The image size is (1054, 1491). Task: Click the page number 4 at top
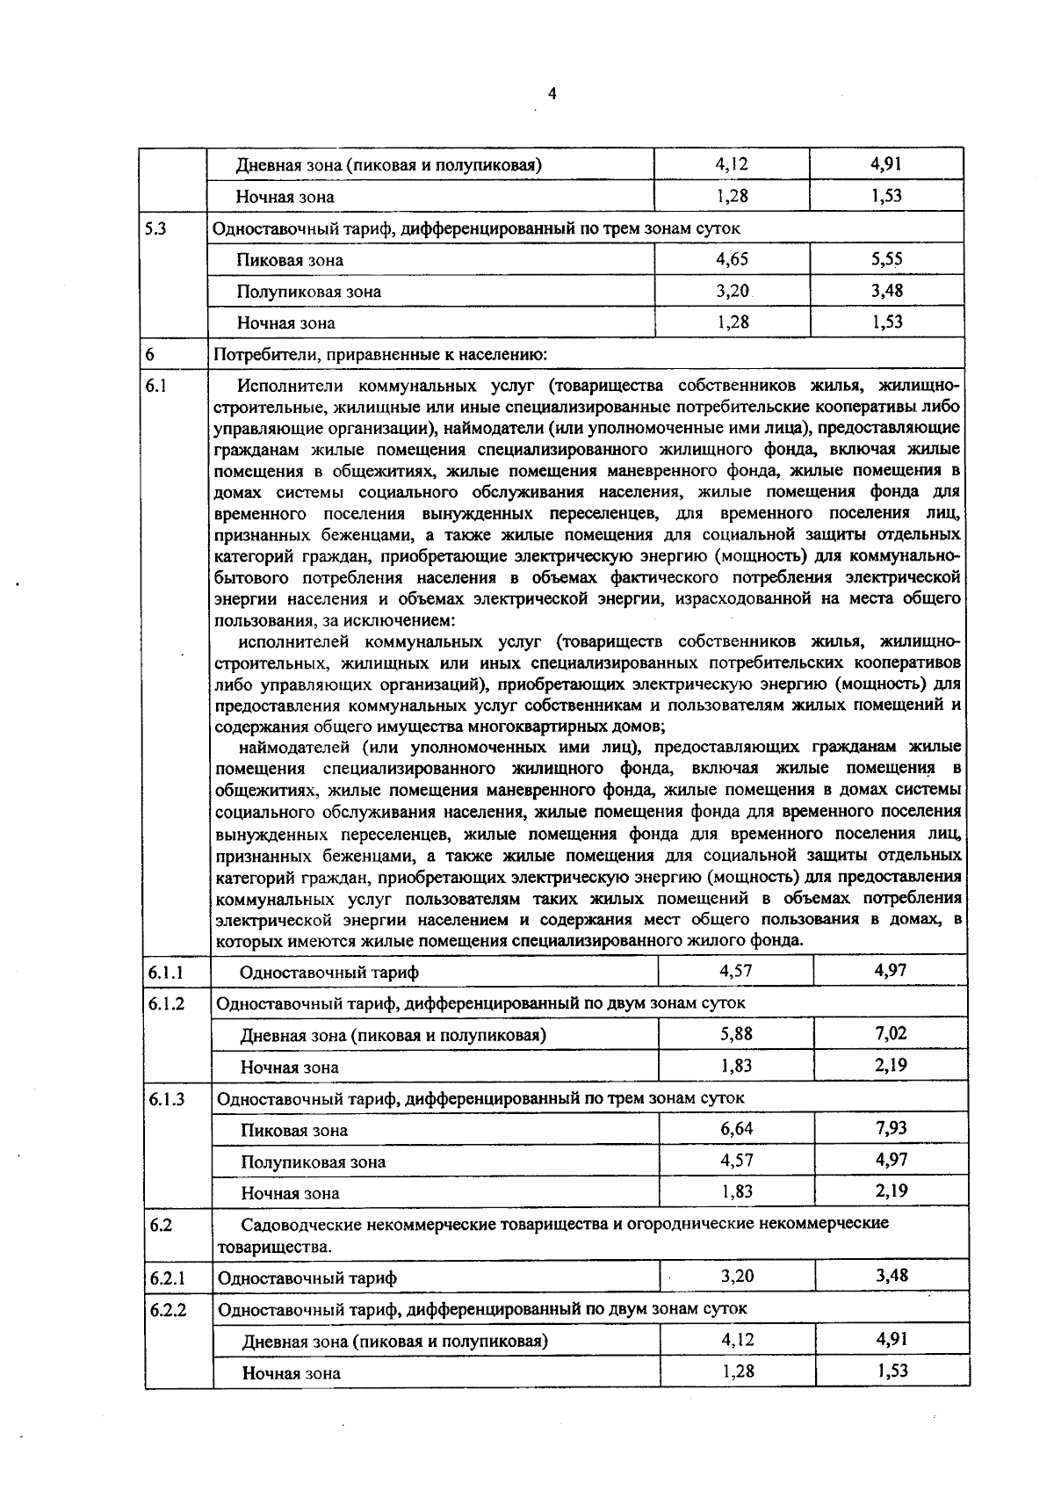(x=552, y=94)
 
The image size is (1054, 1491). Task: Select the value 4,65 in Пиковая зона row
(x=732, y=259)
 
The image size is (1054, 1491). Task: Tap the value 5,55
(x=887, y=259)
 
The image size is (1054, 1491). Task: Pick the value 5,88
(x=736, y=1034)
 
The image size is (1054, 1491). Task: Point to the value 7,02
(x=891, y=1034)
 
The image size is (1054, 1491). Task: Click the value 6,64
(x=736, y=1128)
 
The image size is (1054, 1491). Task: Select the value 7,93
(x=891, y=1128)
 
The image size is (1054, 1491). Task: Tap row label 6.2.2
(x=168, y=1309)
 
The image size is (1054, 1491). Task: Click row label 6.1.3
(x=166, y=1098)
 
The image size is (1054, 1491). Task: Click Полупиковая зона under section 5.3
(x=308, y=292)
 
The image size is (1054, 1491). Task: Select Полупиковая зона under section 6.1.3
(x=314, y=1162)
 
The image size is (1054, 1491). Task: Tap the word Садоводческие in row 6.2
(x=297, y=1224)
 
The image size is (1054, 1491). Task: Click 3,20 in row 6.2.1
(x=737, y=1276)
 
